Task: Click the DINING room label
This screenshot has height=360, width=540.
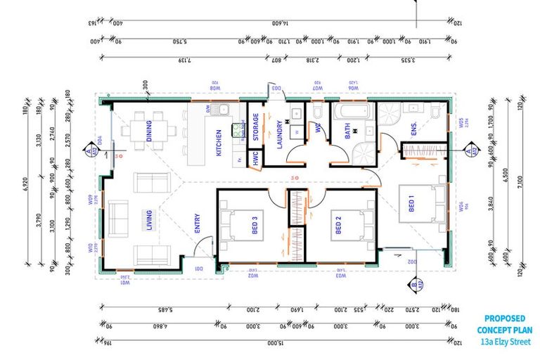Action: point(149,130)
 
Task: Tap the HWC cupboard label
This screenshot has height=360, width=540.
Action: point(255,159)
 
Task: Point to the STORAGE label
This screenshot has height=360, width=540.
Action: point(256,127)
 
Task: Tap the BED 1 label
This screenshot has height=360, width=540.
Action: point(411,204)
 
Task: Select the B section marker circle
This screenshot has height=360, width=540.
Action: point(415,285)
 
